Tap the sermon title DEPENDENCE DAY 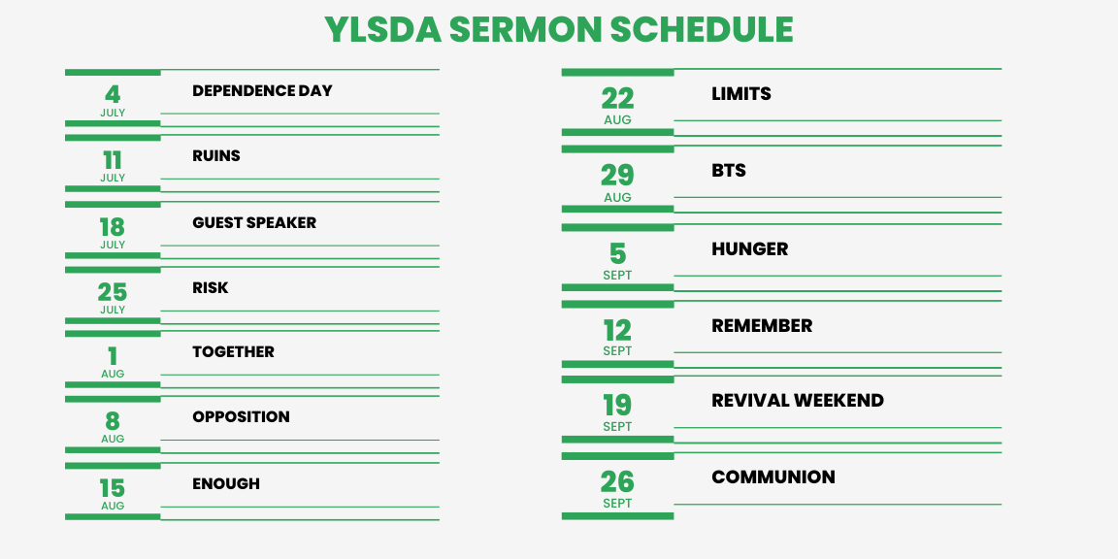pos(262,90)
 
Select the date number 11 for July pos(113,160)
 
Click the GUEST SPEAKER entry pos(254,222)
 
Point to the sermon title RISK pos(211,288)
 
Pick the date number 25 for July pos(113,292)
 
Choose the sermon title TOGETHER pos(233,352)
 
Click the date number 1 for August pos(113,356)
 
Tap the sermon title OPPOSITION pos(241,417)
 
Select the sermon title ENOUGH pos(226,484)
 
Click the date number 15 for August pos(113,488)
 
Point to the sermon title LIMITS pos(741,94)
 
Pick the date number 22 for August pos(617,99)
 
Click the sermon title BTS pos(729,171)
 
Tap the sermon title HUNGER pos(750,249)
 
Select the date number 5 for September pos(617,254)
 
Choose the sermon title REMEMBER pos(762,326)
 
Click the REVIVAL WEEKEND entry pos(798,401)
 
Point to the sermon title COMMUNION pos(773,477)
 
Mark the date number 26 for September pos(617,482)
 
